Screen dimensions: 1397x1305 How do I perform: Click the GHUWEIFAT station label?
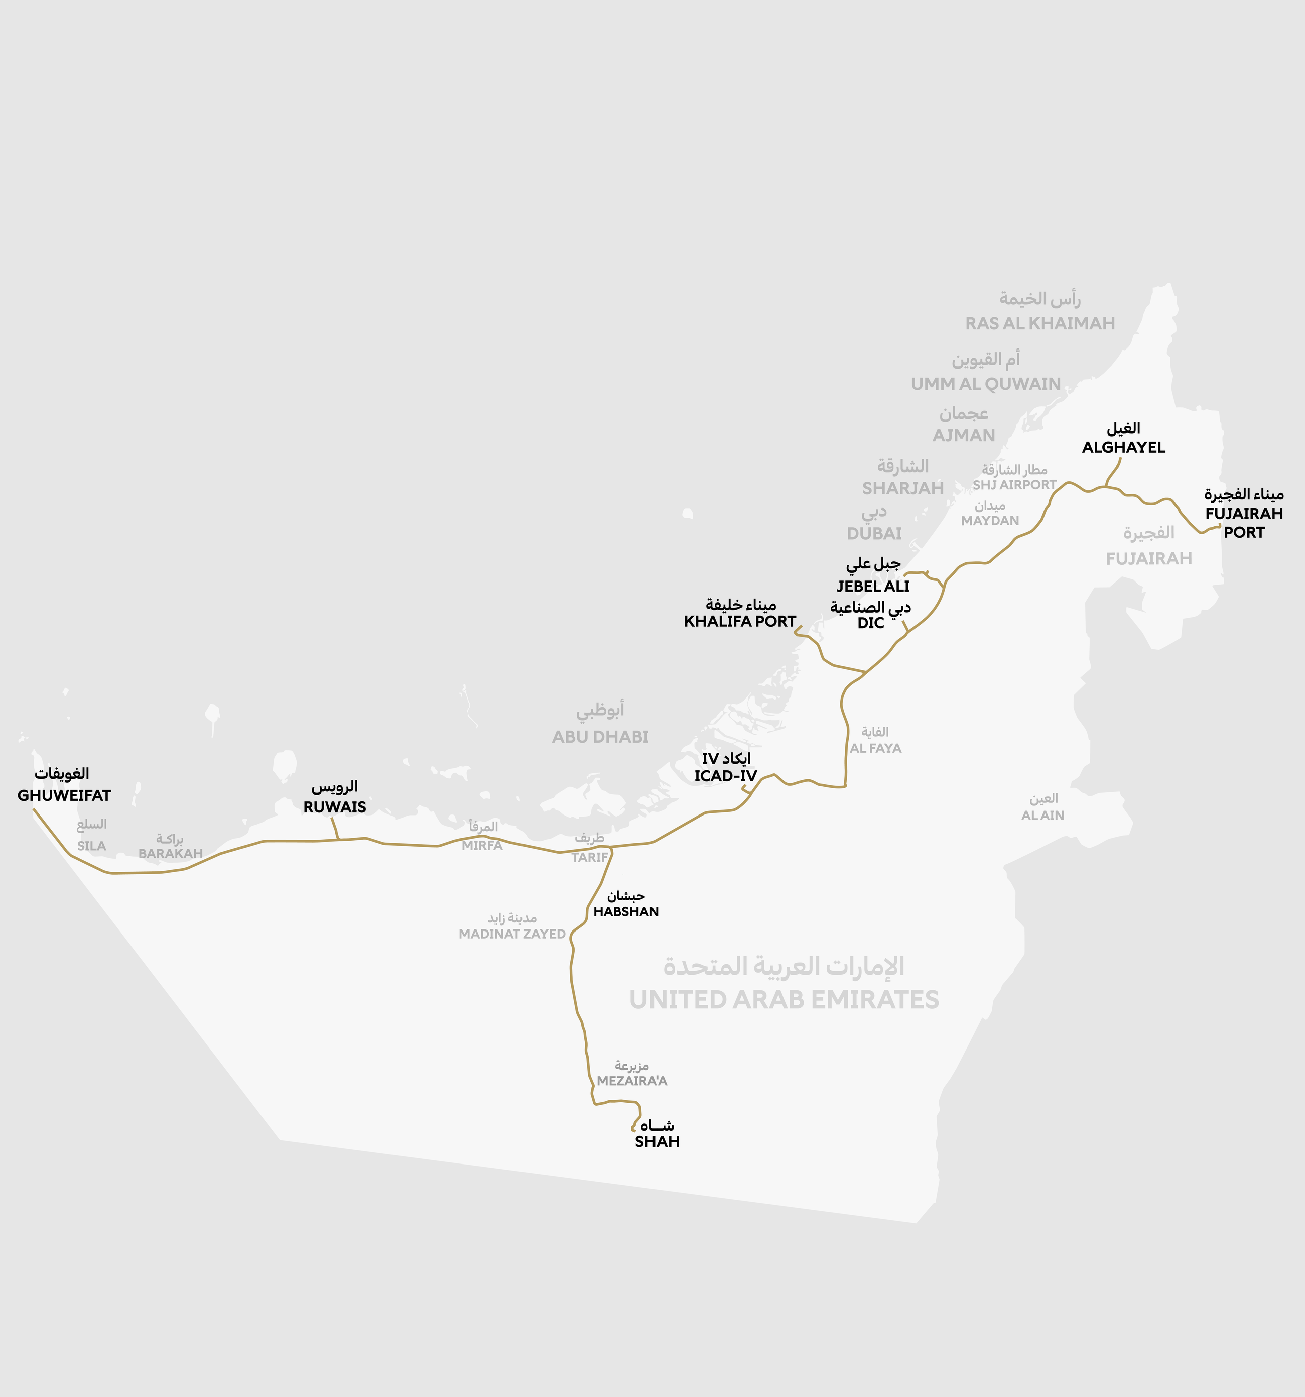pos(64,795)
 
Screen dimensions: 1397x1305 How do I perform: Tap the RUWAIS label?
pos(334,807)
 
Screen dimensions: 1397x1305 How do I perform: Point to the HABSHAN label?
pos(626,912)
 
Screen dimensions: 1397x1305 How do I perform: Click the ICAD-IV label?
pos(726,776)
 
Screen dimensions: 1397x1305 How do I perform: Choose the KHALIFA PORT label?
pos(740,621)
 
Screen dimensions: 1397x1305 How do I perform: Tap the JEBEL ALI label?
pos(872,586)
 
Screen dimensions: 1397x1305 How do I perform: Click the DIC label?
pos(870,623)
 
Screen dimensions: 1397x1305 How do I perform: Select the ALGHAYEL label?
pos(1123,447)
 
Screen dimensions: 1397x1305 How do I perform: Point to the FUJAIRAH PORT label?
pos(1243,523)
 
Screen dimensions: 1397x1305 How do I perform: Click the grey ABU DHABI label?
pos(600,737)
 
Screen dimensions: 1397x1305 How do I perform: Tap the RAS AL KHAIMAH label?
pos(1039,324)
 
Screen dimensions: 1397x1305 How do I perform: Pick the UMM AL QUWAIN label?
pos(985,384)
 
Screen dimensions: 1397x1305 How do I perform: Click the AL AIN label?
pos(1042,815)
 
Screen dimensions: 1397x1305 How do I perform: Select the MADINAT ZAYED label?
pos(511,934)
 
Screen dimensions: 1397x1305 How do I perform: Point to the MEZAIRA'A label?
pos(631,1081)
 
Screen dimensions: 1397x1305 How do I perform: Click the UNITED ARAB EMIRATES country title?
pos(784,999)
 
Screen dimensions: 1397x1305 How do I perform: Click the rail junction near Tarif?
pos(610,849)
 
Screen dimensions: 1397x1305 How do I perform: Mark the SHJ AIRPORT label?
pos(1014,485)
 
